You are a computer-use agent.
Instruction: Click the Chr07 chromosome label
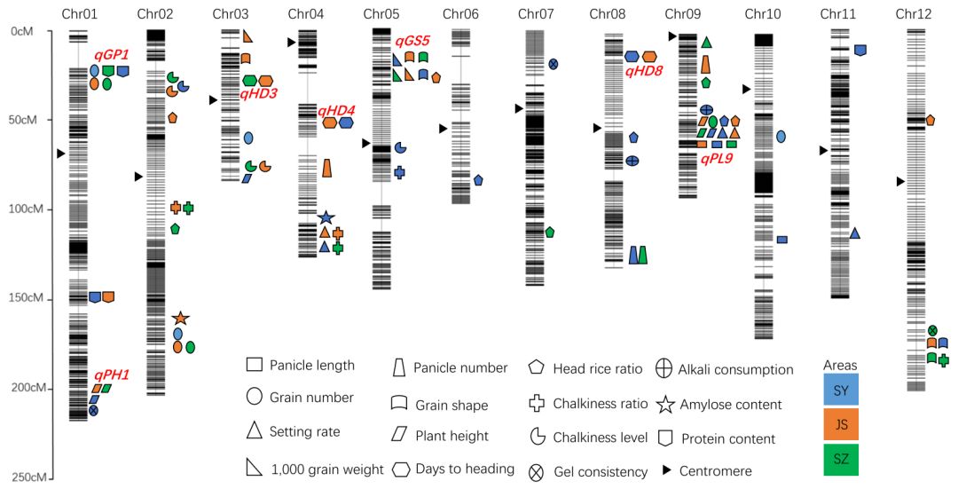pos(535,14)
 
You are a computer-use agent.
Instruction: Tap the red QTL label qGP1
pos(112,55)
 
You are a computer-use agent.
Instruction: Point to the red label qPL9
pos(715,159)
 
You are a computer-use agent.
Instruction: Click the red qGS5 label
pos(412,41)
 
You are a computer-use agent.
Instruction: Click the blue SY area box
pos(841,389)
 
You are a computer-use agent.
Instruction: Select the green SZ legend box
pos(841,459)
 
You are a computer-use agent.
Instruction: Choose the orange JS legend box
pos(841,424)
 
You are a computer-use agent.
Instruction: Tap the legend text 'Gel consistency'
pos(601,472)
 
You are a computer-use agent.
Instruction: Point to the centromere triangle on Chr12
pos(900,181)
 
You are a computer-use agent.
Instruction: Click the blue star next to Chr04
pos(326,217)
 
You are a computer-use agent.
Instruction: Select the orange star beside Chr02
pos(180,318)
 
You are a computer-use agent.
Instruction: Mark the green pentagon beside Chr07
pos(550,232)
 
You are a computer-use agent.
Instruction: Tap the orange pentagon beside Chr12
pos(931,120)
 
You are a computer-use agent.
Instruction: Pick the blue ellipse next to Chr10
pos(781,137)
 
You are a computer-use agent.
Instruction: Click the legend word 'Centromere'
pos(715,471)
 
